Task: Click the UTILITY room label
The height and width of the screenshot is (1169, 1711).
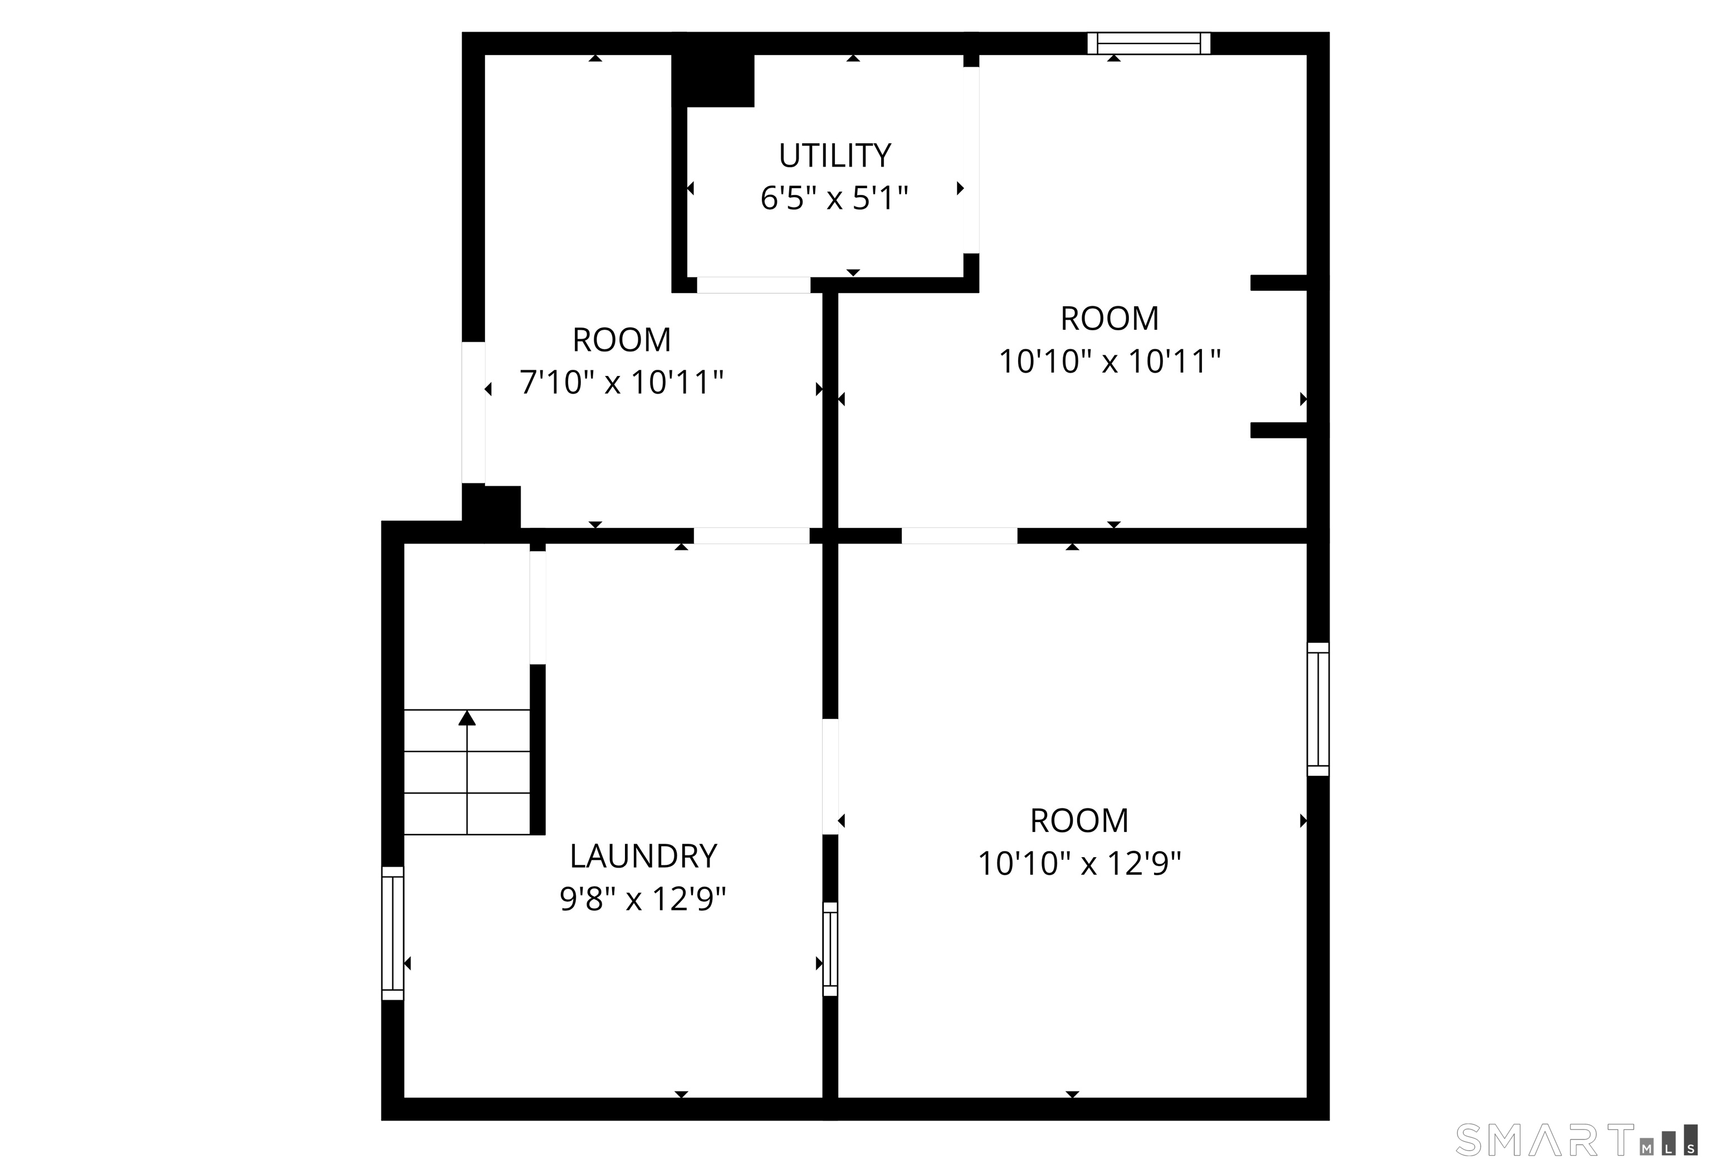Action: [x=835, y=156]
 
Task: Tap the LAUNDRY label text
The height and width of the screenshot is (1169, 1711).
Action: [x=643, y=856]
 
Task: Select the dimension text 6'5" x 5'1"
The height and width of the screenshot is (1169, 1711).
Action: [x=834, y=199]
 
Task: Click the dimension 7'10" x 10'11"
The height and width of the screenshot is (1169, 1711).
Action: [x=622, y=383]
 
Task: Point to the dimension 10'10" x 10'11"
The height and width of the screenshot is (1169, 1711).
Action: [x=1109, y=361]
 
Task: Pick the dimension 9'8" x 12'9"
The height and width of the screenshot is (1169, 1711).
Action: [x=643, y=899]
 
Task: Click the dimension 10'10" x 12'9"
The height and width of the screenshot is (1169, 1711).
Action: [x=1079, y=863]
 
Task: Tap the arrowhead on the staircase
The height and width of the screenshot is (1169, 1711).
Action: [x=467, y=718]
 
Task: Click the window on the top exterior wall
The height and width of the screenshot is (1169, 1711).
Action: [x=1149, y=43]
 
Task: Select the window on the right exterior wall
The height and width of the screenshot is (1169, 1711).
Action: [x=1318, y=709]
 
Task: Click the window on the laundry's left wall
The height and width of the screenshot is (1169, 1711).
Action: [x=393, y=933]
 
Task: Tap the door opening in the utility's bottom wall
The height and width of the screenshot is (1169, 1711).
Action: [x=754, y=285]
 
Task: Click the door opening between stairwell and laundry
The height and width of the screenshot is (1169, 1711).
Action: [x=538, y=607]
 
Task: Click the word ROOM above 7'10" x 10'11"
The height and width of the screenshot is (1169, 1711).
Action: [x=622, y=340]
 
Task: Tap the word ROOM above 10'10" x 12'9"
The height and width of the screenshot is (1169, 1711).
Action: [x=1079, y=821]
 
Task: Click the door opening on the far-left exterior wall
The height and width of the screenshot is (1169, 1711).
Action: [x=473, y=412]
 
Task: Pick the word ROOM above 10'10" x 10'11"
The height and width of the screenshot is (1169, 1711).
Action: [x=1109, y=319]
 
